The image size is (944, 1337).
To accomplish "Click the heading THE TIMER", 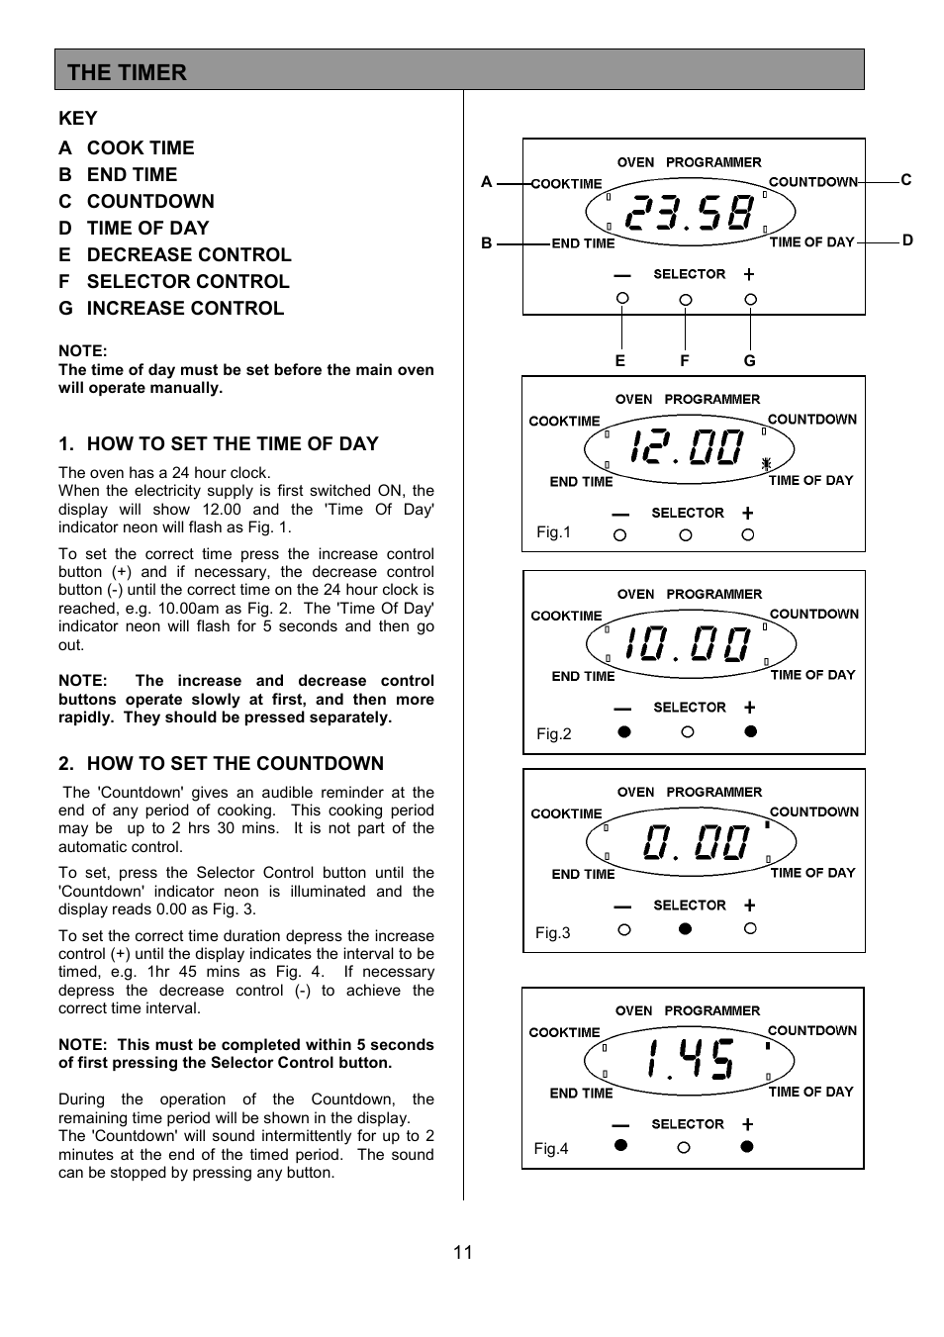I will click(127, 72).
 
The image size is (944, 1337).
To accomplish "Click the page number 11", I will click(463, 1252).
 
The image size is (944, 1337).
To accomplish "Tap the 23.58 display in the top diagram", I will click(690, 212).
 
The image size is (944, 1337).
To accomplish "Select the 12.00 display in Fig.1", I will click(687, 447).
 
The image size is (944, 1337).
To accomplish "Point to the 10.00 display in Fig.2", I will click(689, 644).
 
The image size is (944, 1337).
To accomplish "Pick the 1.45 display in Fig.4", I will click(690, 1059).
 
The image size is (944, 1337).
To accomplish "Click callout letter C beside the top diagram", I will click(905, 180).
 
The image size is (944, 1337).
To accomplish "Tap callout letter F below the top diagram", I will click(684, 361).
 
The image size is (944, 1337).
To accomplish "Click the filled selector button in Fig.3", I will click(685, 929).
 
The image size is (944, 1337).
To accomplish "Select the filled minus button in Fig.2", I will click(623, 732).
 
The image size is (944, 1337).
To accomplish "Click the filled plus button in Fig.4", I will click(747, 1146).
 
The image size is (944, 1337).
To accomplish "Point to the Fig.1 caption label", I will click(553, 532).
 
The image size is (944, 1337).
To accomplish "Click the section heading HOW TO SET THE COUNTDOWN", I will click(235, 763).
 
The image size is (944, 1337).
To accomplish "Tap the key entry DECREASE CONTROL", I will click(188, 254).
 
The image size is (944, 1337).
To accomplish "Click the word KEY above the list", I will click(77, 119).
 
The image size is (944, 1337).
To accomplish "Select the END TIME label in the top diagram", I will click(583, 243).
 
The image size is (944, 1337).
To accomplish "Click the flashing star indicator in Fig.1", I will click(766, 463).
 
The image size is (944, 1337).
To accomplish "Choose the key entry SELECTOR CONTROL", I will click(187, 281).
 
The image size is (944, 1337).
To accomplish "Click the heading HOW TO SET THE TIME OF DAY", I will click(232, 443).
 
